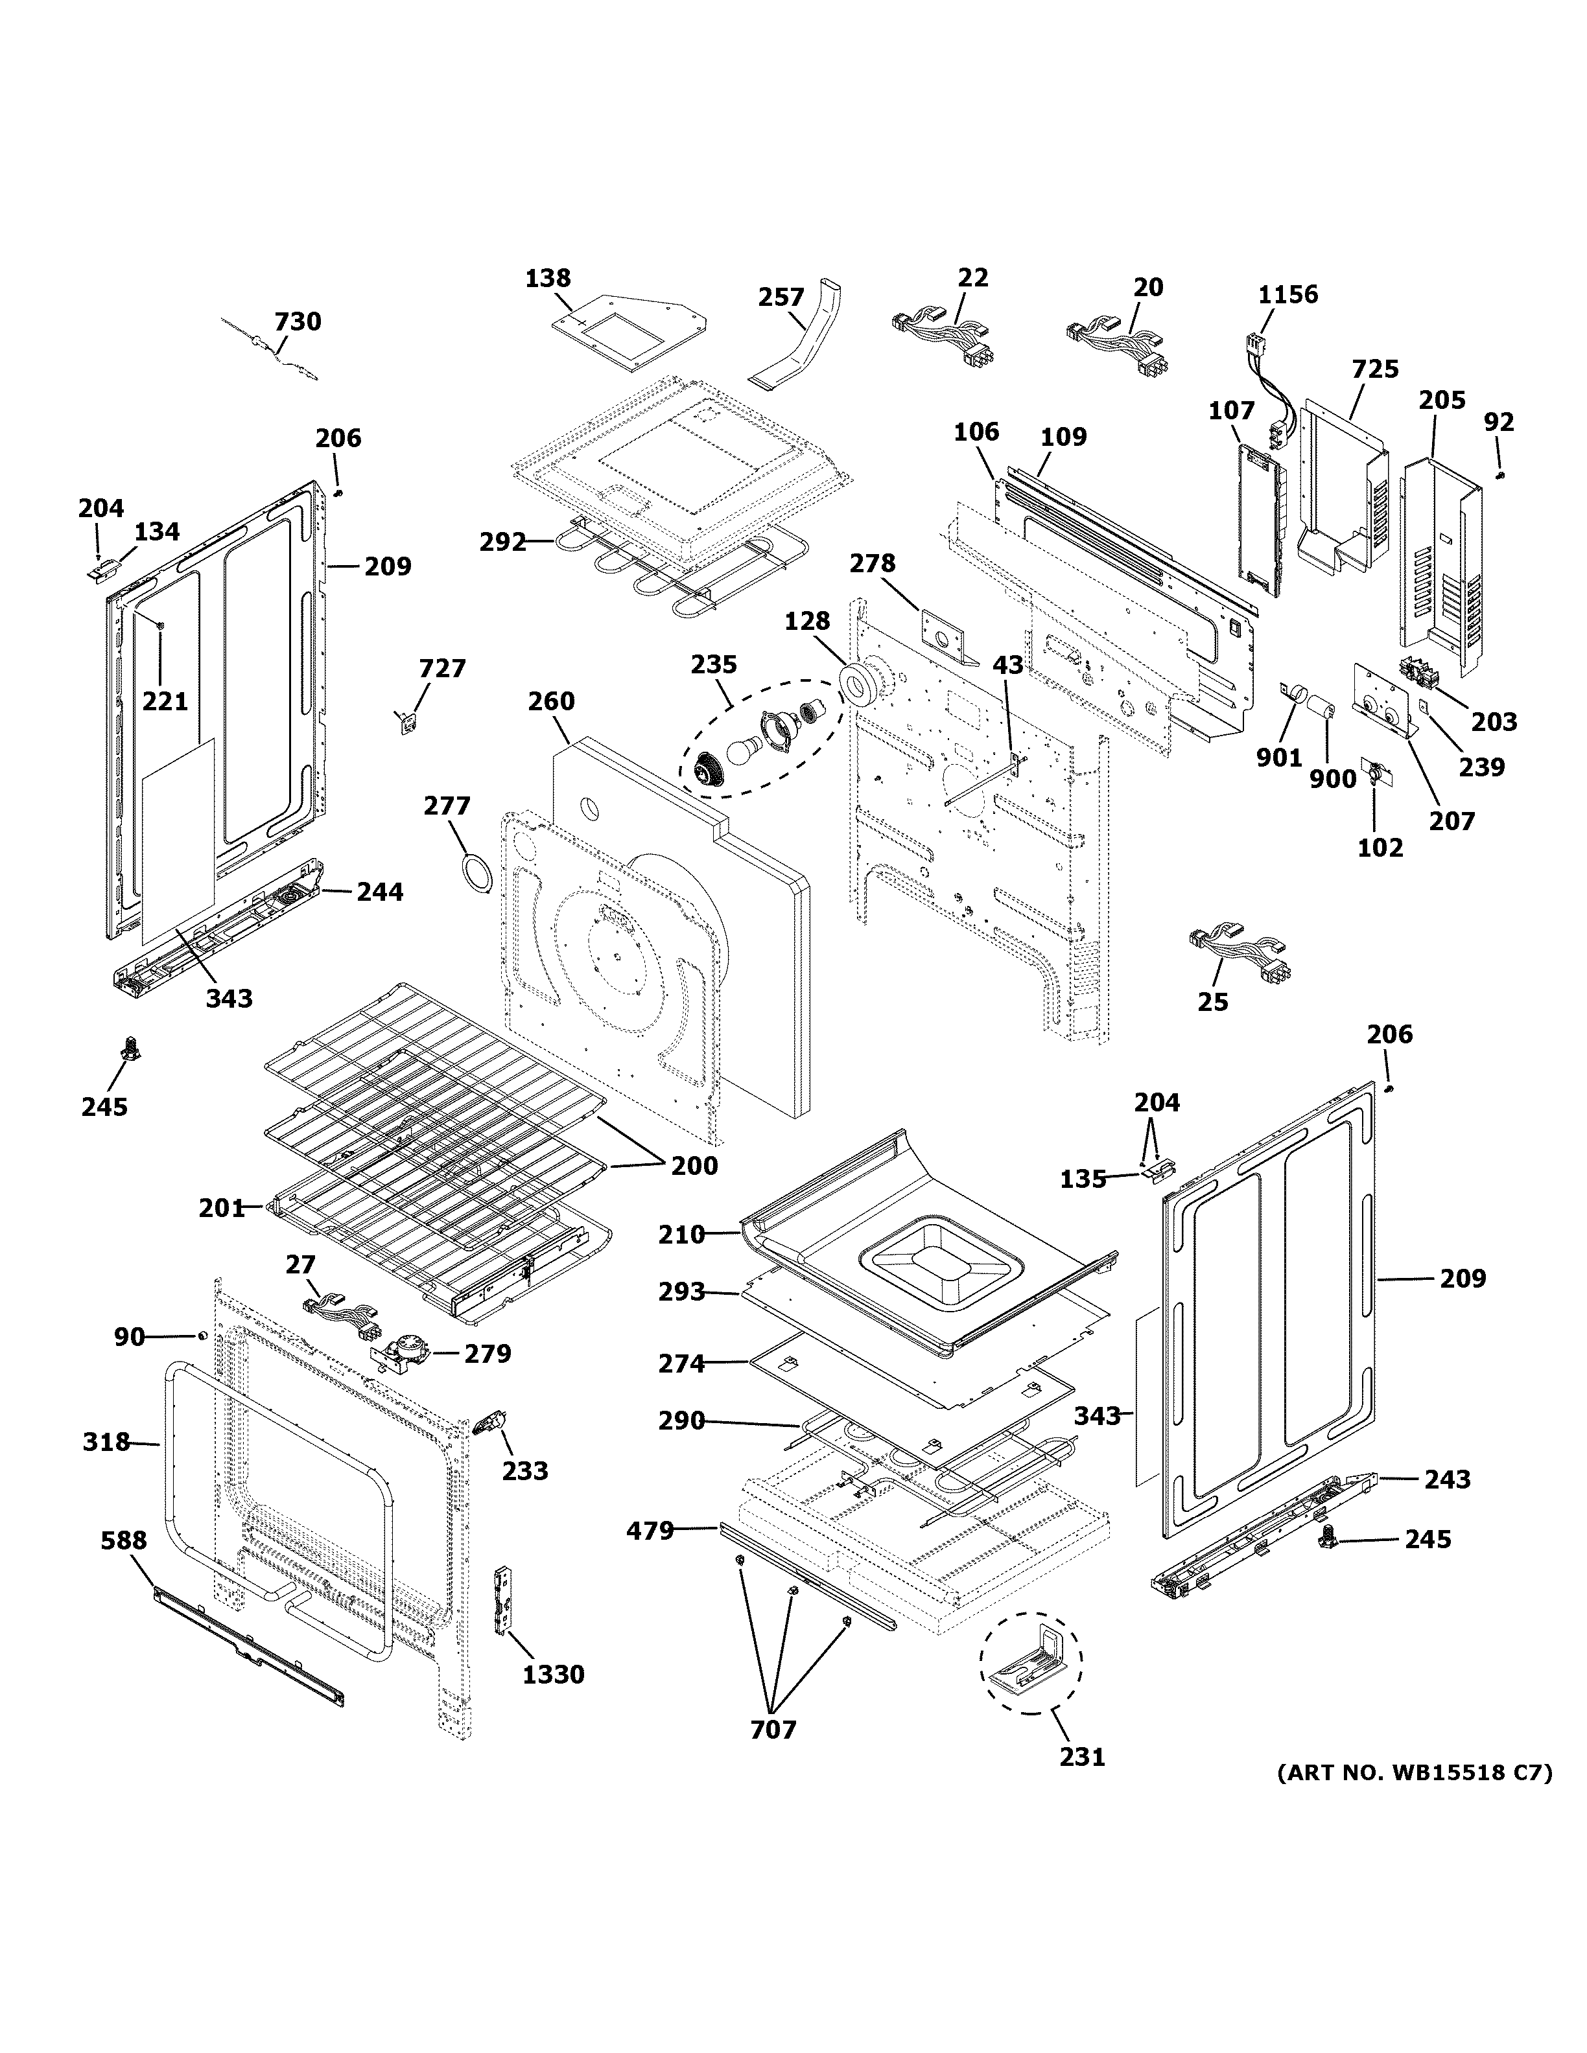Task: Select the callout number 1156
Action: (x=1288, y=294)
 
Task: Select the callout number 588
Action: (x=124, y=1540)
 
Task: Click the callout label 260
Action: (x=551, y=701)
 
